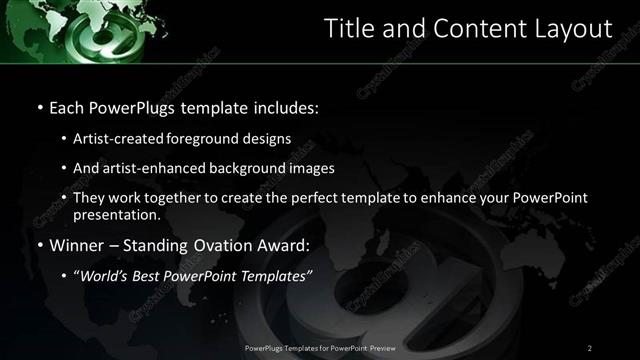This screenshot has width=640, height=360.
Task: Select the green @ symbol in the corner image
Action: [53, 38]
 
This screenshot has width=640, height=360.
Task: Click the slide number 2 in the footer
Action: [590, 348]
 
